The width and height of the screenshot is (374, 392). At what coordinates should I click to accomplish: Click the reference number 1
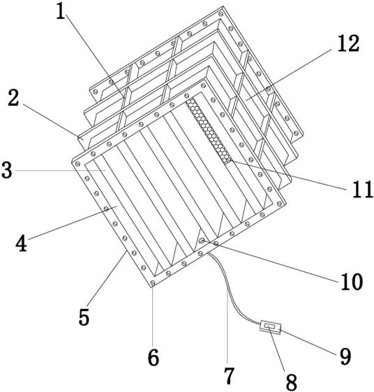point(60,12)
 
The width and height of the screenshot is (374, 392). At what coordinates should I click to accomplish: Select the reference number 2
point(13,98)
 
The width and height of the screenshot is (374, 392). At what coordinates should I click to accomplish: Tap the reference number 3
point(7,170)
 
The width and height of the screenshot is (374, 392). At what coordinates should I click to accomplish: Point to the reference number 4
point(21,243)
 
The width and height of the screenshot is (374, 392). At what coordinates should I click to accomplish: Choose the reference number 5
point(84,317)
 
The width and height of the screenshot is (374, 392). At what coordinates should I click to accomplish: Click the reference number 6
point(153,358)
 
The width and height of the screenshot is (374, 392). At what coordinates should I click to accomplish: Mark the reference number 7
point(229,375)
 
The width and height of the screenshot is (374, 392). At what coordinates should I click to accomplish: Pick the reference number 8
point(292,382)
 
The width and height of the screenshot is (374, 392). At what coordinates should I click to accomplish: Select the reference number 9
point(345,356)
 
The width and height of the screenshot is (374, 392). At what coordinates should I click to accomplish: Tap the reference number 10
point(352,282)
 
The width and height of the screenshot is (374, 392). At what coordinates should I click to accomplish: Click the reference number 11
point(362,190)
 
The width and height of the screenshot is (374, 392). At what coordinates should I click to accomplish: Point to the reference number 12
point(348,44)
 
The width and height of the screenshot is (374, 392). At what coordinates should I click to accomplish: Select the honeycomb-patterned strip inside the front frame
point(208,131)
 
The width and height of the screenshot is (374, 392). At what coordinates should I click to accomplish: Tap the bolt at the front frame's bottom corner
point(153,283)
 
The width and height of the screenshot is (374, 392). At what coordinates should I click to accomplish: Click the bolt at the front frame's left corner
point(77,164)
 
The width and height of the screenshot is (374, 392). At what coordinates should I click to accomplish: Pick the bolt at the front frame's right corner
point(279,204)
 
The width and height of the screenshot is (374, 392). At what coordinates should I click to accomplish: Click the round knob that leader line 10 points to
point(202,241)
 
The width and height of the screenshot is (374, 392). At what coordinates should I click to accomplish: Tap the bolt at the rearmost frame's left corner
point(95,92)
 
